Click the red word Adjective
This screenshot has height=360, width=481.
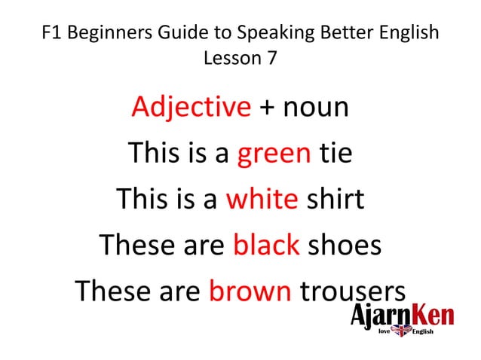[191, 108]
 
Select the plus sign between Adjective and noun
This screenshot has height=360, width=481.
[267, 108]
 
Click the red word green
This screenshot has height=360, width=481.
[274, 154]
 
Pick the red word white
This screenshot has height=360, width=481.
[262, 200]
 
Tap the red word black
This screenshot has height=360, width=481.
[267, 245]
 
